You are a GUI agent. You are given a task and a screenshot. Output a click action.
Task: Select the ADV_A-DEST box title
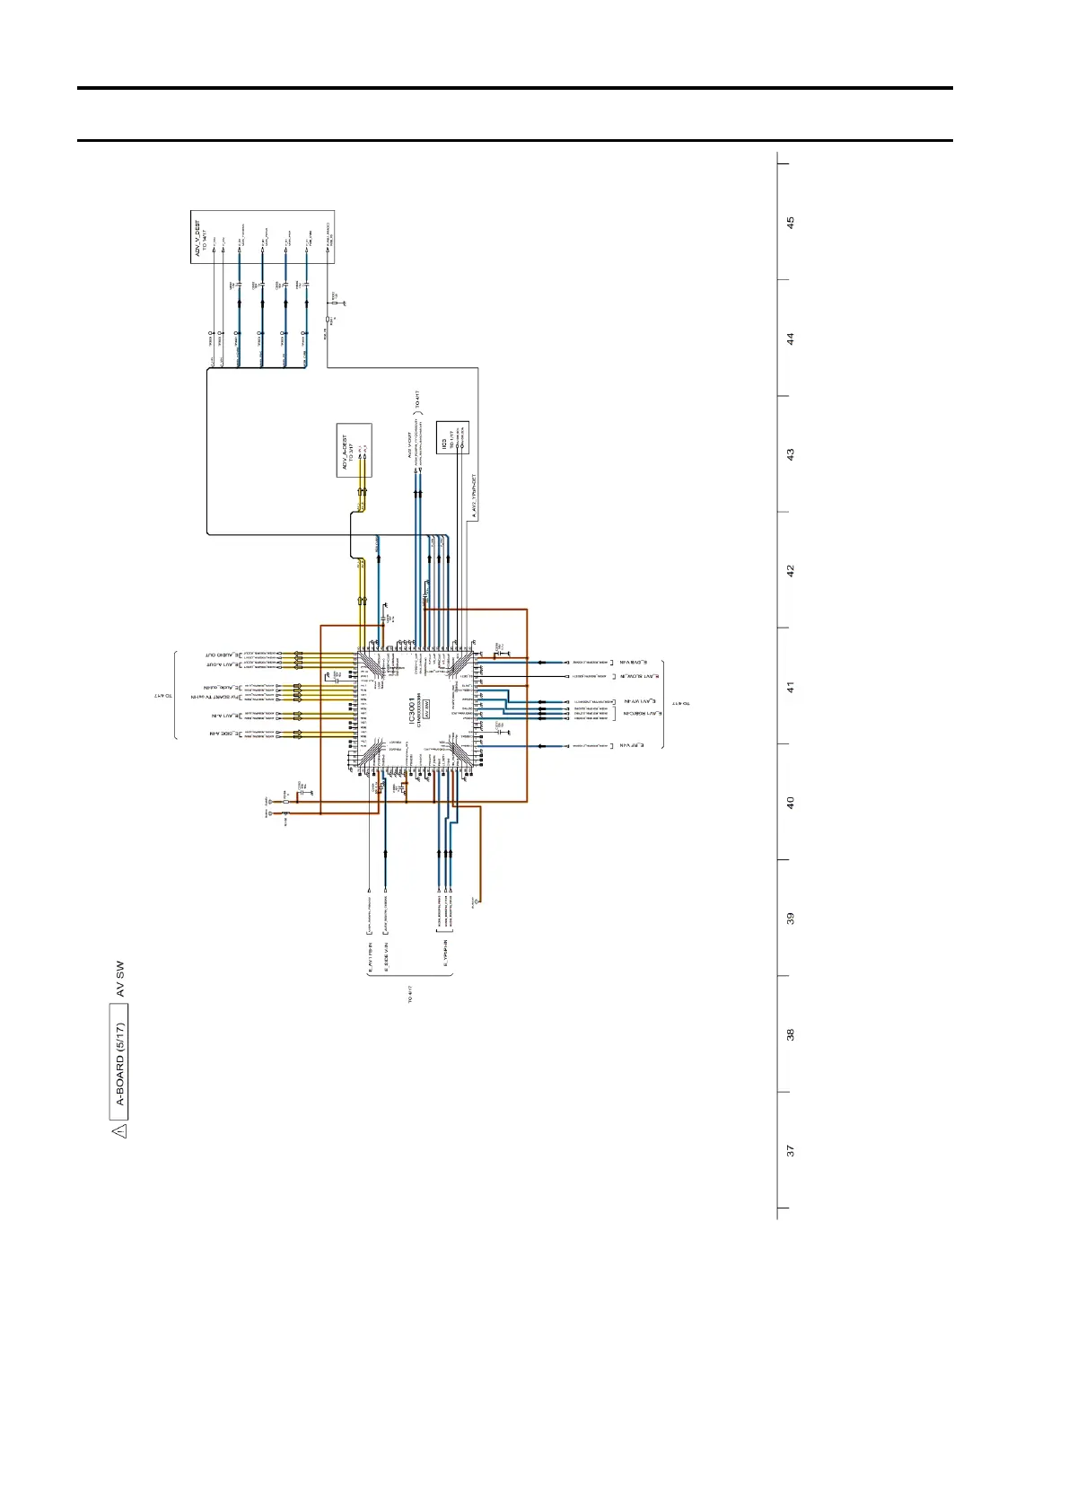[x=345, y=453]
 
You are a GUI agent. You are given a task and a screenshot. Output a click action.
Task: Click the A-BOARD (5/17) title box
[x=119, y=1072]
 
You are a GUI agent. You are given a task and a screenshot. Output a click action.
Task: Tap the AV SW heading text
[x=119, y=980]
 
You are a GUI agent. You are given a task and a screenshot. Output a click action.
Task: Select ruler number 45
[x=791, y=223]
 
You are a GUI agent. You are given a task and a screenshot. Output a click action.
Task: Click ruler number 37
[x=791, y=1150]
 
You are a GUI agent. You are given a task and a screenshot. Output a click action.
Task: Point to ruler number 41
[x=791, y=687]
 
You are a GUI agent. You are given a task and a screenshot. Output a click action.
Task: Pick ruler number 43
[x=791, y=455]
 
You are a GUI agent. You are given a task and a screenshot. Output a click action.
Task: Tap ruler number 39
[x=791, y=919]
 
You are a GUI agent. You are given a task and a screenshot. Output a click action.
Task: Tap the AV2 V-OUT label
[x=409, y=446]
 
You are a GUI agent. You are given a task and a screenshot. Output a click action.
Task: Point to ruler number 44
[x=791, y=339]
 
